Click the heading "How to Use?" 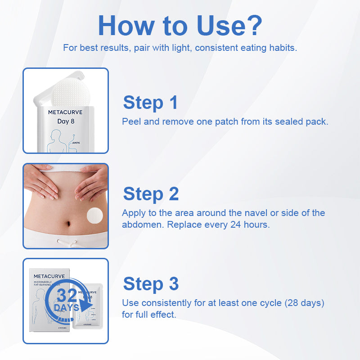[180, 26]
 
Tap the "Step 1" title [150, 103]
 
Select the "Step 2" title [151, 194]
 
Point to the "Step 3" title [151, 284]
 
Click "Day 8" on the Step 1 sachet [65, 121]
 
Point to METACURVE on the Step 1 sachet [65, 112]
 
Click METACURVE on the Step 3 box [49, 276]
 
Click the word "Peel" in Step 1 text [131, 121]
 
